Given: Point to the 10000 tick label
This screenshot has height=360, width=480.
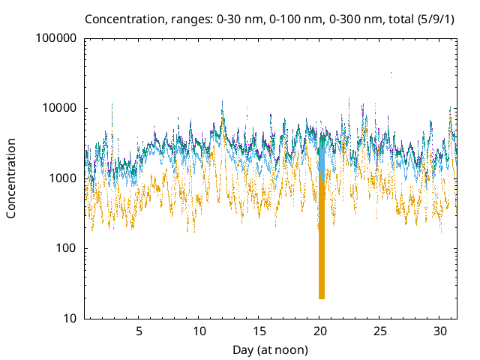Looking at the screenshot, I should tap(58, 108).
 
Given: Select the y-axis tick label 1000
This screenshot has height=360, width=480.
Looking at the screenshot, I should tap(61, 178).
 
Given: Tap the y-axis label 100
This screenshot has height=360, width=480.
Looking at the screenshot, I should tap(64, 248).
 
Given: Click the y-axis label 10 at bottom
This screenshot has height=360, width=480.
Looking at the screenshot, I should tap(67, 319).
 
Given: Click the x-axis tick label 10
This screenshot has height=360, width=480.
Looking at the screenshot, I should tap(199, 331).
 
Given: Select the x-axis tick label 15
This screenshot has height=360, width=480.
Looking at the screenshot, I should tap(259, 331).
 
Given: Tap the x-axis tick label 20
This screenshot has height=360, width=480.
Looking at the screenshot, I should tap(320, 331).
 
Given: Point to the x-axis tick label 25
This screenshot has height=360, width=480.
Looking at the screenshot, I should tap(380, 331).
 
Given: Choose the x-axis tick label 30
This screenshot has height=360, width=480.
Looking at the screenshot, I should tap(441, 331).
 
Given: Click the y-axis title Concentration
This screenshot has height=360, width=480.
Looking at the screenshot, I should tap(11, 178).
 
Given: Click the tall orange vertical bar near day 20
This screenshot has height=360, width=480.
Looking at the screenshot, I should tap(322, 240).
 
